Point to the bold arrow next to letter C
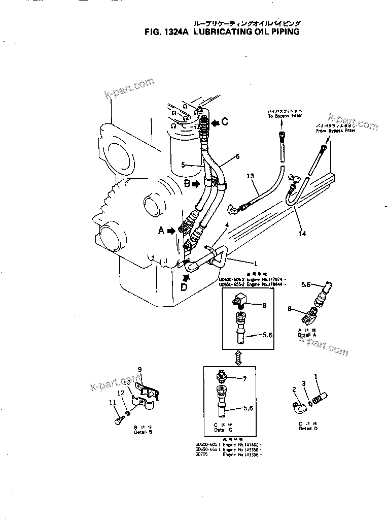215,122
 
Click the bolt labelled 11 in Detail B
117,420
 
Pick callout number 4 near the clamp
227,225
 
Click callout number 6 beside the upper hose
237,157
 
